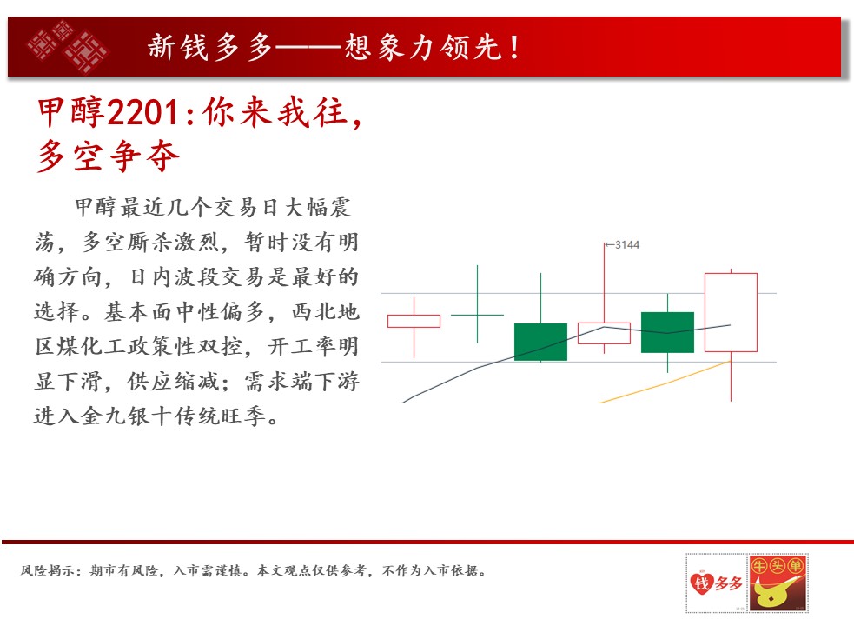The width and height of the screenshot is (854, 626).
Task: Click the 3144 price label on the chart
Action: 627,245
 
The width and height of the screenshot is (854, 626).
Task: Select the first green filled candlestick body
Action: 541,342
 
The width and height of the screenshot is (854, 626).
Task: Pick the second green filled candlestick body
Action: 668,333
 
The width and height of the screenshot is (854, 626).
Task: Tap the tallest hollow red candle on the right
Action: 731,312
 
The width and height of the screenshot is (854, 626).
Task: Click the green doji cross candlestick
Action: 477,315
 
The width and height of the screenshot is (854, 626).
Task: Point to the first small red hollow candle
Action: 414,321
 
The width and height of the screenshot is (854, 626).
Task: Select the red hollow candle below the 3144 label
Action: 604,333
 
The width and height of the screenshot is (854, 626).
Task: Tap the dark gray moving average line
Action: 566,343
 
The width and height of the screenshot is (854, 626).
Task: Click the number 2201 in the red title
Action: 142,113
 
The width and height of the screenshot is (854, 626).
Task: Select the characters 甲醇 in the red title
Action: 70,112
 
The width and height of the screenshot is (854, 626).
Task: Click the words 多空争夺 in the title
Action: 109,156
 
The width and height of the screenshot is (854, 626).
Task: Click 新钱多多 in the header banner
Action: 209,47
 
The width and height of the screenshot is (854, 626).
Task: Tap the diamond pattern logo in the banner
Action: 68,46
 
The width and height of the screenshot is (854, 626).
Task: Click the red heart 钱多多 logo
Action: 717,583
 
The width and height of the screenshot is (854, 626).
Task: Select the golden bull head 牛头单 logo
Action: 778,583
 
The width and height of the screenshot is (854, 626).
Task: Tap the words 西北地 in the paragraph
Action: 325,311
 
